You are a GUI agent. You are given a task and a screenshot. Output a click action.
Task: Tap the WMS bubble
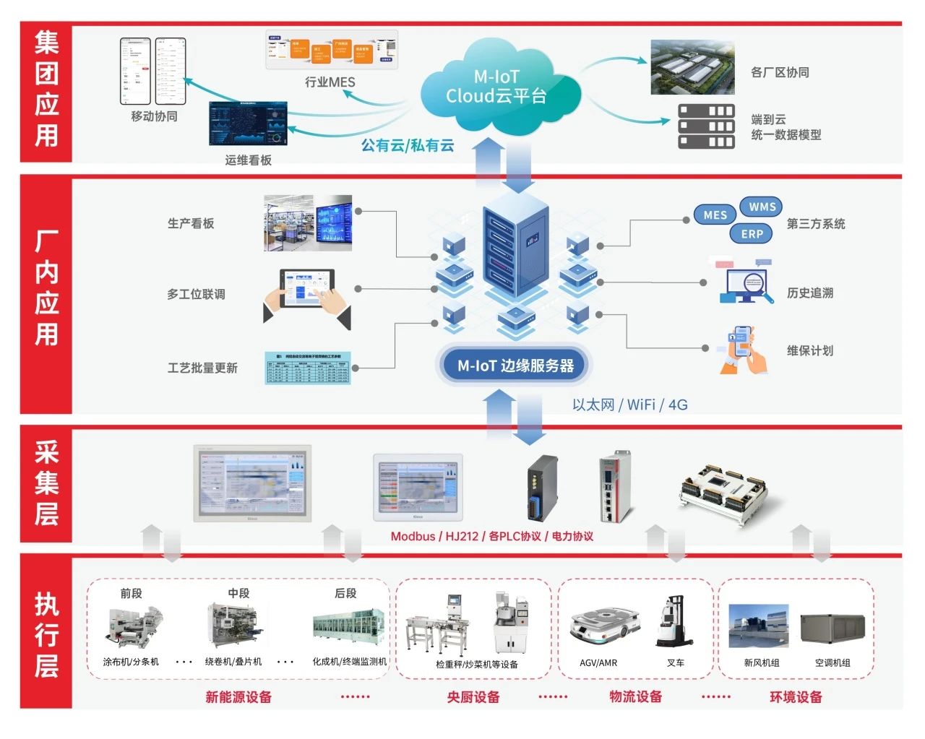[x=761, y=207]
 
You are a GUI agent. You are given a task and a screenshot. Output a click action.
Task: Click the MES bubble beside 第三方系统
[x=715, y=215]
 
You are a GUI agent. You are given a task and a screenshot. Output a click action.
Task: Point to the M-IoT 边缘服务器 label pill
[x=515, y=366]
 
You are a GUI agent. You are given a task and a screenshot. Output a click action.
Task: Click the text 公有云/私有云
[x=408, y=145]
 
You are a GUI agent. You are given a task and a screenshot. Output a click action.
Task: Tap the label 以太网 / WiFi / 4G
[x=629, y=405]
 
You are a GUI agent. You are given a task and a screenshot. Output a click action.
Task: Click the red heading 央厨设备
[x=473, y=697]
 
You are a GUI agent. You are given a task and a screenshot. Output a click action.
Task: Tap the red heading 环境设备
[x=796, y=697]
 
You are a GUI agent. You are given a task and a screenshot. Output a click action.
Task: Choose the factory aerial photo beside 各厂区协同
[x=692, y=67]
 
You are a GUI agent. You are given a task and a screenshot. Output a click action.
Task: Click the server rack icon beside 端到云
[x=706, y=126]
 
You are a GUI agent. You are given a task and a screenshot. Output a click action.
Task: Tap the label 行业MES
[x=330, y=82]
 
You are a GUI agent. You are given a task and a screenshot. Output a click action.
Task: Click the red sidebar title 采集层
[x=46, y=483]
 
